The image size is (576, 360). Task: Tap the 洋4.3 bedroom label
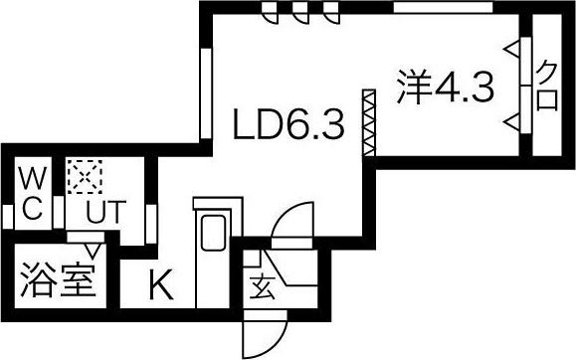coord(445,87)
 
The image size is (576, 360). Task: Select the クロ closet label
coord(547,86)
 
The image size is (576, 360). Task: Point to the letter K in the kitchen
coord(161,284)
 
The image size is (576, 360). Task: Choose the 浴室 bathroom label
coord(58,279)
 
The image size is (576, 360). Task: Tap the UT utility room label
coord(105,212)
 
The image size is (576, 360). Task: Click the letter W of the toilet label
coord(33,178)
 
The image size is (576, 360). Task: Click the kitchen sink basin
coord(213,234)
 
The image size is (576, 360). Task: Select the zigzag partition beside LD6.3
coord(369,123)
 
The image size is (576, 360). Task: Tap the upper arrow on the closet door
coord(512,49)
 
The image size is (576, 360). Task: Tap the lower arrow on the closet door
coord(512,121)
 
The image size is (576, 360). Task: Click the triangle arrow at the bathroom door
coord(93,251)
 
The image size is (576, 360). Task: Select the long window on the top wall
coord(443,7)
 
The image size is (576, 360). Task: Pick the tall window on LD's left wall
coord(206,93)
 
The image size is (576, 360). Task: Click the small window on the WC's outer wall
coord(7,217)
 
